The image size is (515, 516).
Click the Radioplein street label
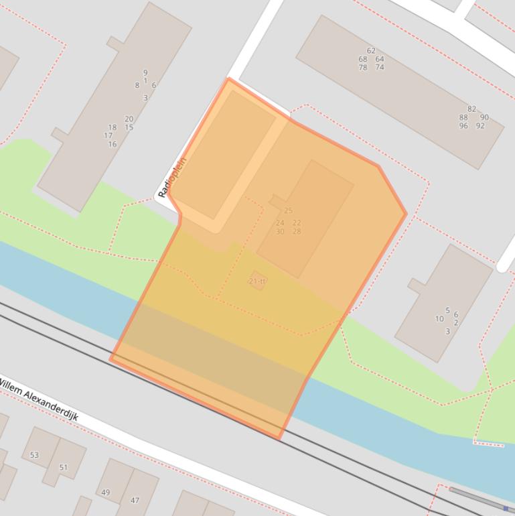[172, 177]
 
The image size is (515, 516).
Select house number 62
[371, 51]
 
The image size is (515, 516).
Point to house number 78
[362, 68]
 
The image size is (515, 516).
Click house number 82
[472, 109]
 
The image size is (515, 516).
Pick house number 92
[480, 126]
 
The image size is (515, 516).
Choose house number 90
[484, 117]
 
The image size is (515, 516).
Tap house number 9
[145, 73]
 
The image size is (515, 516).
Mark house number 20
[129, 119]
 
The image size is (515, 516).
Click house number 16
[112, 144]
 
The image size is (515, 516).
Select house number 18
[112, 127]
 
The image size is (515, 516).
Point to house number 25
[289, 211]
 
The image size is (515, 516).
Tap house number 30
[280, 232]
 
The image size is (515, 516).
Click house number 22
[297, 223]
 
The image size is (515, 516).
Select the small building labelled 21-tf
[257, 281]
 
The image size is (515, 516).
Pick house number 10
[439, 319]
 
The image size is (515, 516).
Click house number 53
[34, 455]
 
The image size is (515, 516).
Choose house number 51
[64, 468]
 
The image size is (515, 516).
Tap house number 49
[106, 493]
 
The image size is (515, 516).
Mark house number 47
[135, 501]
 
